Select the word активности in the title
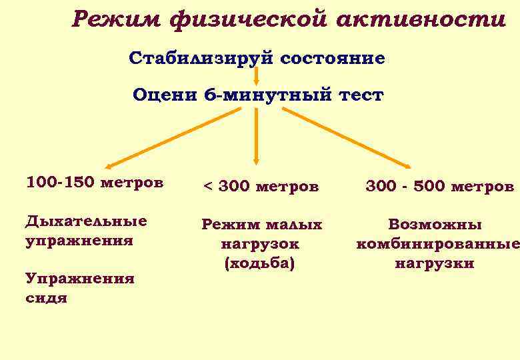click(421, 20)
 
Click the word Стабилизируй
click(201, 59)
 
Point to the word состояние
click(333, 59)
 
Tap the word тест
click(361, 95)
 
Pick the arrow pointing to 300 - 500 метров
click(347, 137)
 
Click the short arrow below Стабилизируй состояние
click(257, 75)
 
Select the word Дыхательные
click(86, 221)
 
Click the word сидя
click(46, 298)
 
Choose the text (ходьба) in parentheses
click(260, 263)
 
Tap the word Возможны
click(435, 225)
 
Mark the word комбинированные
click(437, 244)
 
